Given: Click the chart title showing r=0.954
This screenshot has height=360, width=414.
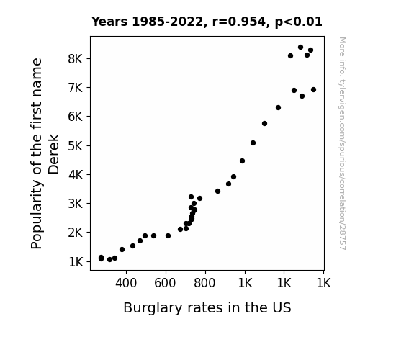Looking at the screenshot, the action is [x=207, y=22].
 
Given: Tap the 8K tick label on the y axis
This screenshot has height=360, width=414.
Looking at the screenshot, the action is [x=76, y=58].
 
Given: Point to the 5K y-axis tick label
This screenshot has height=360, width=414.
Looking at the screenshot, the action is [x=76, y=145].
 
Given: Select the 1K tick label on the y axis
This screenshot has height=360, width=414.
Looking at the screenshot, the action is [x=76, y=262].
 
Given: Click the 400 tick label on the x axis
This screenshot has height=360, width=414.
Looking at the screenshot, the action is [x=126, y=283].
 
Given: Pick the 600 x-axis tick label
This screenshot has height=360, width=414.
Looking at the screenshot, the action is [x=165, y=283].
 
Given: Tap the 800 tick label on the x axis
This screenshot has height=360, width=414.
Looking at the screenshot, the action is [x=204, y=283].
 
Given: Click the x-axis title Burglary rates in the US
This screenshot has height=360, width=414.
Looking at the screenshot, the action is [x=207, y=307].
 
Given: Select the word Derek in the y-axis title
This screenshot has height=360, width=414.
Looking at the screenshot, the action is [x=53, y=154].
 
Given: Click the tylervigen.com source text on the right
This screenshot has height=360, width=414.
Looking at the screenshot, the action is [x=342, y=143].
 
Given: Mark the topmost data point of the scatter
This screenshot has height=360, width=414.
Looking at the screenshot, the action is [x=300, y=48].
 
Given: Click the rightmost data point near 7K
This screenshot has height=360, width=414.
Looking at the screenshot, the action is [x=313, y=90].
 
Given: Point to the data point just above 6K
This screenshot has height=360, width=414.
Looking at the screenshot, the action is [x=278, y=108].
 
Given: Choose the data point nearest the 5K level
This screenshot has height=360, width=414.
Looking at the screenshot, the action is [x=253, y=143].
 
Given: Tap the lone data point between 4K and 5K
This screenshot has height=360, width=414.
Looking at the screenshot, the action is [x=242, y=161].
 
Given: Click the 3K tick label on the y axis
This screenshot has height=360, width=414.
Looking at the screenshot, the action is [x=76, y=204].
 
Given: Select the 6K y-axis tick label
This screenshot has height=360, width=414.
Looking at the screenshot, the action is [x=76, y=117].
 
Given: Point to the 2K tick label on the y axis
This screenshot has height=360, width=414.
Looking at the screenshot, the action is [x=76, y=233].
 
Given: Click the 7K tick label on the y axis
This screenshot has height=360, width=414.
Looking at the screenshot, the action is [x=76, y=88].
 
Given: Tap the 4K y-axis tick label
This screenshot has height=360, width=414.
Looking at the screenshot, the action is [x=76, y=175].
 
